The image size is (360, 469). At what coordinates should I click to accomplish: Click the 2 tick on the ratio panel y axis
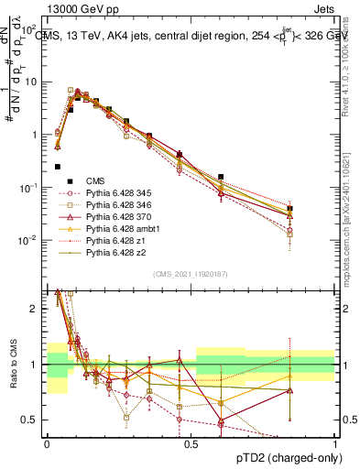point(35,309)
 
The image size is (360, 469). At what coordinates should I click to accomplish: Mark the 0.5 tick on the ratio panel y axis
point(30,420)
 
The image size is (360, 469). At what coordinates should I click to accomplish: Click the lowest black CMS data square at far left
point(58,167)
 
